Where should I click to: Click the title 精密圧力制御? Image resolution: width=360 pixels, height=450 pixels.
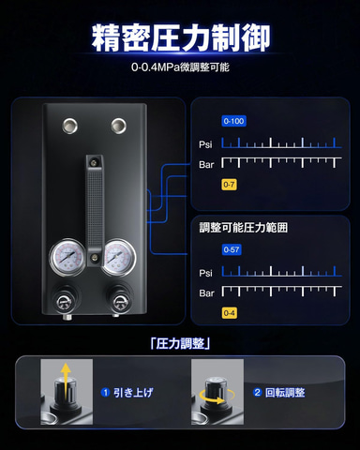[x=181, y=37]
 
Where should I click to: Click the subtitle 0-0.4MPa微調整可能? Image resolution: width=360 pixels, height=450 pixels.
[x=180, y=67]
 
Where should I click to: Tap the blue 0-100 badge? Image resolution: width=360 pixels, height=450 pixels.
[x=234, y=121]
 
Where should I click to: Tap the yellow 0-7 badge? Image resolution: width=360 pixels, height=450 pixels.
[x=229, y=185]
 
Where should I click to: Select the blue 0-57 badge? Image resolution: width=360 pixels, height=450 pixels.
[x=232, y=249]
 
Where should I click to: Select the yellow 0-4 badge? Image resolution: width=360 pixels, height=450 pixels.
[x=230, y=313]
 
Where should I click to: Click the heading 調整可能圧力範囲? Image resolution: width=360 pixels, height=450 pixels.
[x=244, y=228]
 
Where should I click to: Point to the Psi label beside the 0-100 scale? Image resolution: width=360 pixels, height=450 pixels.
[x=205, y=144]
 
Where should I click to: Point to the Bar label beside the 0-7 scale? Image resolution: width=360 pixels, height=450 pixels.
[x=206, y=164]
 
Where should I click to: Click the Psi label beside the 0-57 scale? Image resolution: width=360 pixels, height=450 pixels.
[x=205, y=273]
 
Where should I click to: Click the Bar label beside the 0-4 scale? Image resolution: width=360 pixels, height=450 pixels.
[x=206, y=293]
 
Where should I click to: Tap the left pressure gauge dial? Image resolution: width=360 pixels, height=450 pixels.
[x=67, y=258]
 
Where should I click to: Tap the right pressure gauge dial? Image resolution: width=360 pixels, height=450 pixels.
[x=118, y=258]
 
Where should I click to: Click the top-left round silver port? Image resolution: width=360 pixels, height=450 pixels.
[x=69, y=126]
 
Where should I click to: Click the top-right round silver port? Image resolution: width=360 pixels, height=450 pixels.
[x=119, y=126]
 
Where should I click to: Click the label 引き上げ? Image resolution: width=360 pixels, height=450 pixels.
[x=133, y=393]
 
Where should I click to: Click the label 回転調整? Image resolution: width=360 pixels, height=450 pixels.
[x=285, y=393]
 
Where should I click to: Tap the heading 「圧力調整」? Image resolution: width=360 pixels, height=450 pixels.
[x=180, y=344]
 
